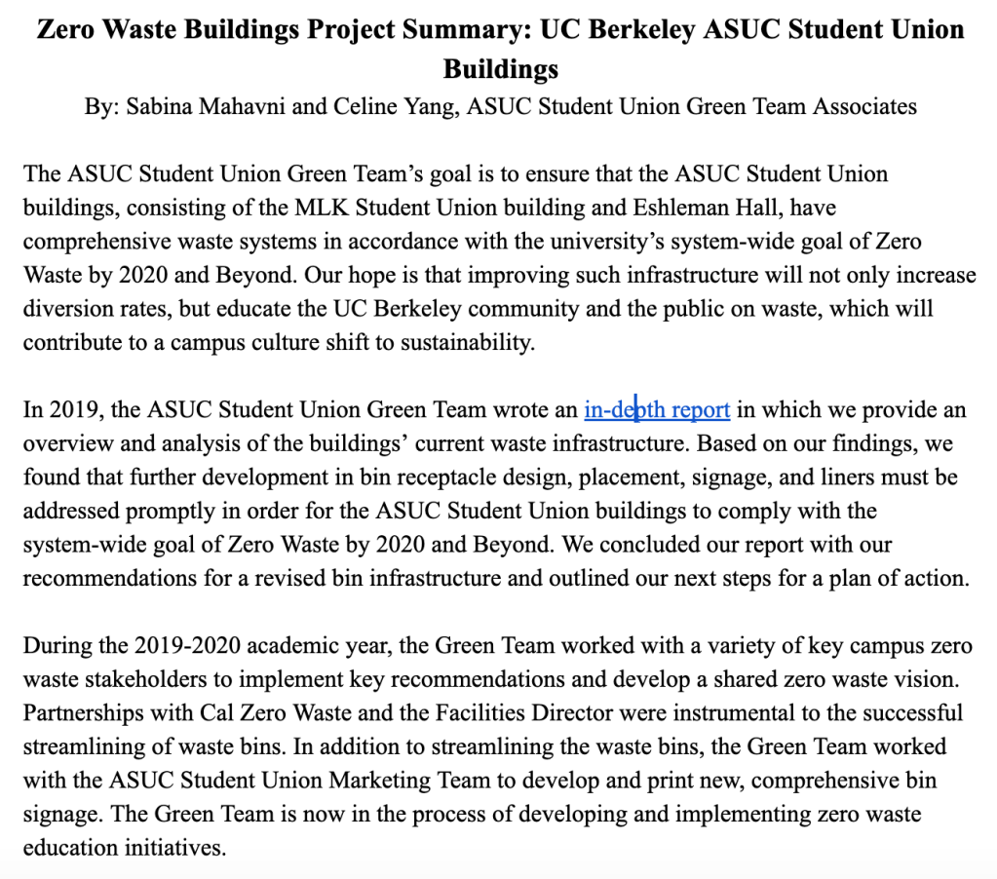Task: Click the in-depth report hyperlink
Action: click(x=657, y=410)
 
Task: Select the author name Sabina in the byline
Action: click(x=156, y=106)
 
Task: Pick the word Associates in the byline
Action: click(x=863, y=106)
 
